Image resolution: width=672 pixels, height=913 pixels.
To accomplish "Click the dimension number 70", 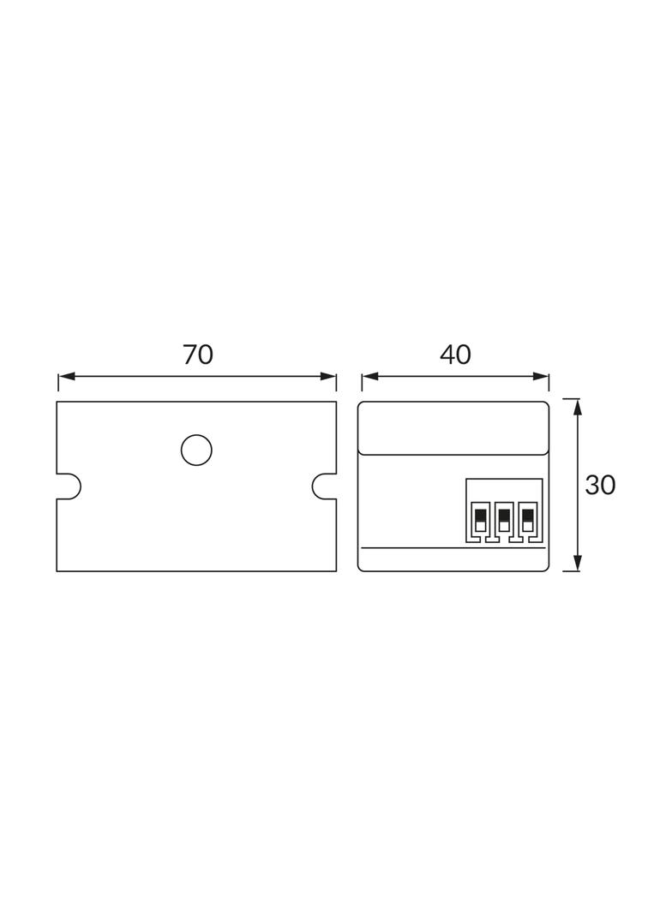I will (x=198, y=355).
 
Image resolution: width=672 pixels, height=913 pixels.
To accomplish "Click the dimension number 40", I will (x=455, y=355).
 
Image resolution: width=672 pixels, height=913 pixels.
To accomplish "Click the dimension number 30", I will (x=600, y=486).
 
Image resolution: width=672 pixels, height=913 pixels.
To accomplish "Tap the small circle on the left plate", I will (x=196, y=451).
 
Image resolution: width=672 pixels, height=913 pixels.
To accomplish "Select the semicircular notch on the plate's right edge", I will (x=323, y=486).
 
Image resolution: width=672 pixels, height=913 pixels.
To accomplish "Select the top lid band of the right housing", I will (x=453, y=428).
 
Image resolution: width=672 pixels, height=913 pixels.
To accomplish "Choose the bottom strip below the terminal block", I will (x=453, y=559).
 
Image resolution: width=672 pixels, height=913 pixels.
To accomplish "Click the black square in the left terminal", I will (x=480, y=515).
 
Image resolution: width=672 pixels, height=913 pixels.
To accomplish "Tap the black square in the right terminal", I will (x=528, y=515).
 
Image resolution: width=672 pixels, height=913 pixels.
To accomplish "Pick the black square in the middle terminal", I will (x=504, y=515).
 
